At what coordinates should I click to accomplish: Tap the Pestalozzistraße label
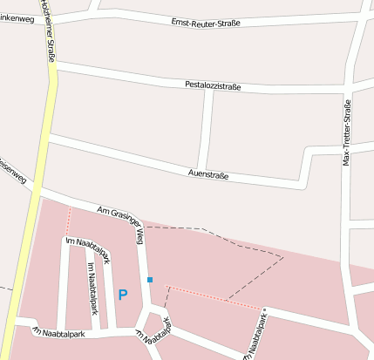pyautogui.click(x=213, y=85)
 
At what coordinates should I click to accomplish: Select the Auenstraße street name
pyautogui.click(x=208, y=174)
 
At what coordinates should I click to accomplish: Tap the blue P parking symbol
pyautogui.click(x=123, y=295)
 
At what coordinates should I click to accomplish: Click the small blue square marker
pyautogui.click(x=150, y=280)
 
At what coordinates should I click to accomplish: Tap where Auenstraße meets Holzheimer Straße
pyautogui.click(x=48, y=139)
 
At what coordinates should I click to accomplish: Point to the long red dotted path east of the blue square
pyautogui.click(x=214, y=297)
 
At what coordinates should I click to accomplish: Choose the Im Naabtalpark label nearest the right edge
pyautogui.click(x=259, y=333)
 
